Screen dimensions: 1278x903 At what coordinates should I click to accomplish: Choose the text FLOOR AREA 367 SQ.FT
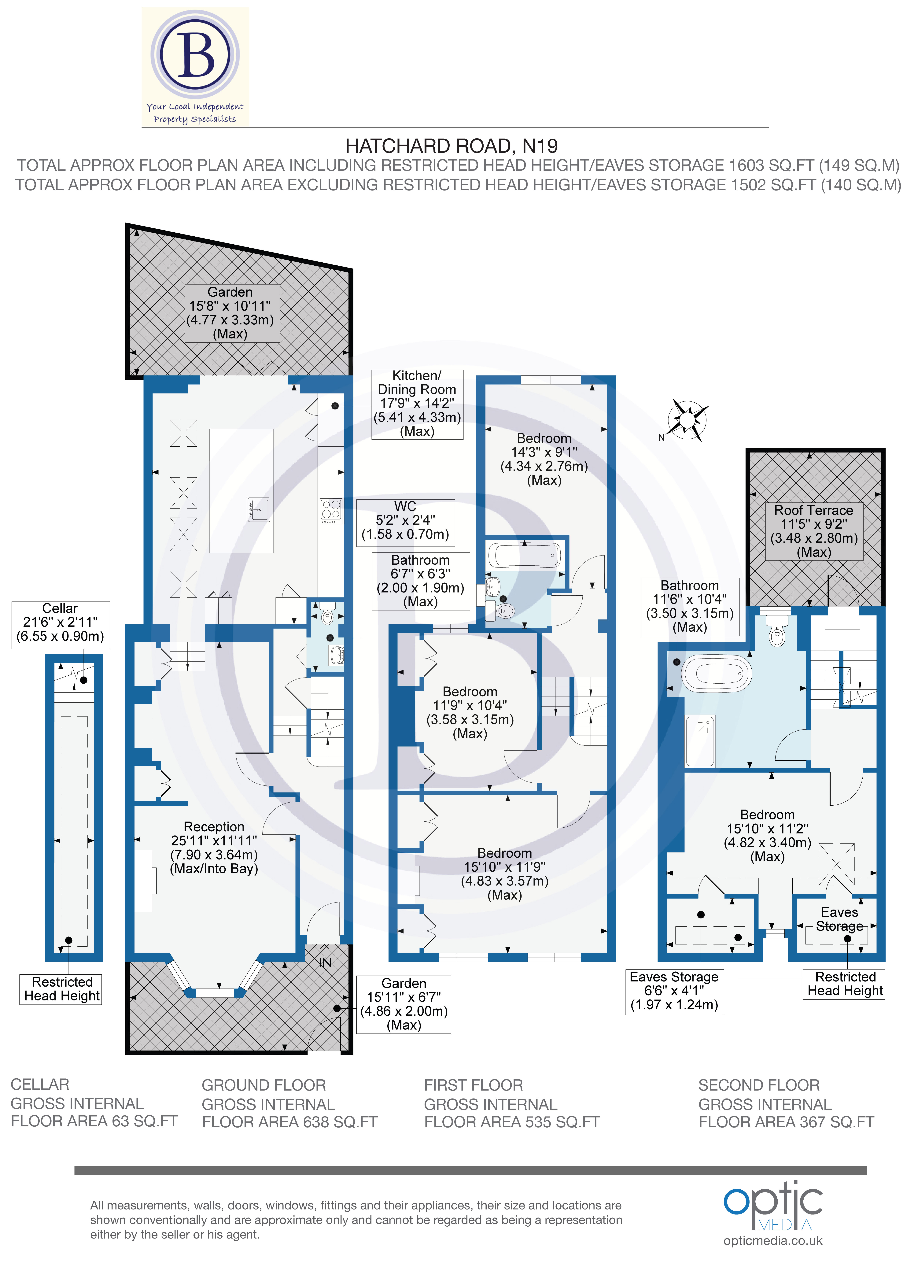tap(786, 1122)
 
